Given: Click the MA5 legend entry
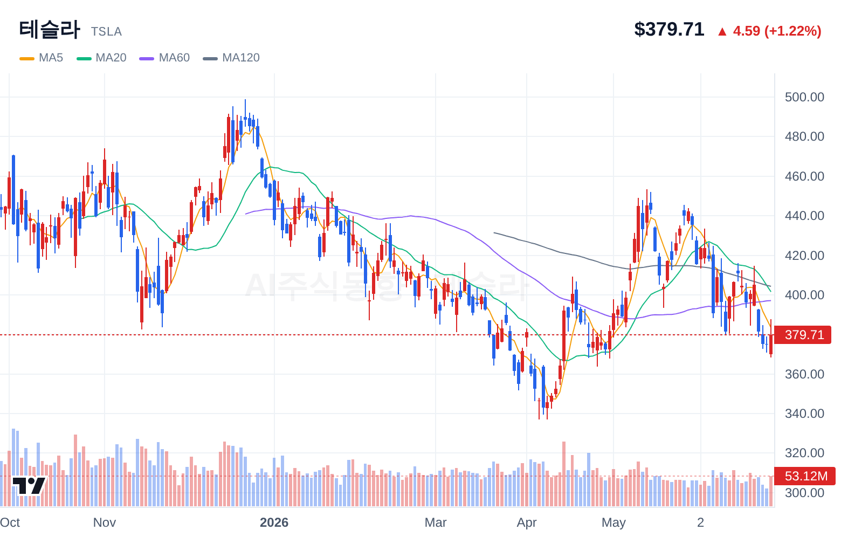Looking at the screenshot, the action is click(42, 58).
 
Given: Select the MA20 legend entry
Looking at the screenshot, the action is click(101, 58).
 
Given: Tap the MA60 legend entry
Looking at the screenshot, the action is click(164, 58).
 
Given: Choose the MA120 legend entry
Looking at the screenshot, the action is click(231, 58).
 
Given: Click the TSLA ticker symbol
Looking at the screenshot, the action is click(106, 32).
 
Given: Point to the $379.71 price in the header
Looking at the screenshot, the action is click(669, 29).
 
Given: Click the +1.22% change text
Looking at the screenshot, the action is click(793, 31).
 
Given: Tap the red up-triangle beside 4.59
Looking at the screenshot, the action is click(722, 32).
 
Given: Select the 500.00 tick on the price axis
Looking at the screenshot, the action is click(804, 97).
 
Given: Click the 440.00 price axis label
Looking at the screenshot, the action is click(804, 216).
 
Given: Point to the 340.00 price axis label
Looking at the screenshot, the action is click(804, 414).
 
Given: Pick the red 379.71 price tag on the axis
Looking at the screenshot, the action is click(803, 335).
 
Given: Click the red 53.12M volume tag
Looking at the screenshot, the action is click(805, 476).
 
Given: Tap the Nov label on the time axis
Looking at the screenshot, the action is click(105, 522).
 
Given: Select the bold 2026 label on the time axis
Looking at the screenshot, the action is click(274, 522).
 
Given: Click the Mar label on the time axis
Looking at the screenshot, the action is click(436, 522).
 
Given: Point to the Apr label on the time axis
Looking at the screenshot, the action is click(527, 522).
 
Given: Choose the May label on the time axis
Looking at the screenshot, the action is click(613, 522).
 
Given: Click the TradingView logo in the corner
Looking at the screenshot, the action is click(29, 486).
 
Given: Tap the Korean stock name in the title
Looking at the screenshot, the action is click(50, 30).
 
